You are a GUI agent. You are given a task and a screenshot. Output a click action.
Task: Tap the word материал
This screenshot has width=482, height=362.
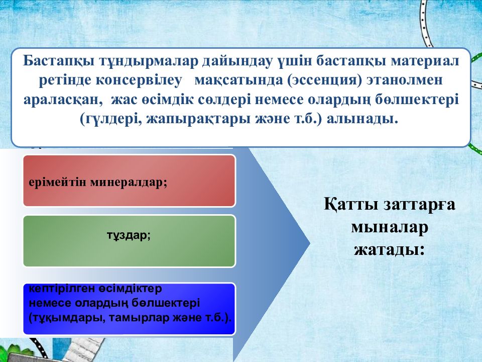425,61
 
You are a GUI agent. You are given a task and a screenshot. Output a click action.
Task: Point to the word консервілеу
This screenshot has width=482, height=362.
139,80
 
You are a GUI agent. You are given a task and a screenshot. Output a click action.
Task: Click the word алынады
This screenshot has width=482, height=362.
363,119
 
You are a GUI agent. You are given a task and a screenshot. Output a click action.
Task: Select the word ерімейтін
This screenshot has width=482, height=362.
58,183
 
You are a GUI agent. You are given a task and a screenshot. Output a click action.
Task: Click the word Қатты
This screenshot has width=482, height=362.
351,204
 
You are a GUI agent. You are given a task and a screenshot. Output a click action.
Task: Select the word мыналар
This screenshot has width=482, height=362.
390,227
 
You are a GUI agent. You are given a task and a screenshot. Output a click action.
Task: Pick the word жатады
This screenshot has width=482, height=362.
390,250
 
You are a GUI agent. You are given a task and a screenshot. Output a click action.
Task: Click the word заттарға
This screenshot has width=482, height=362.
419,205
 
